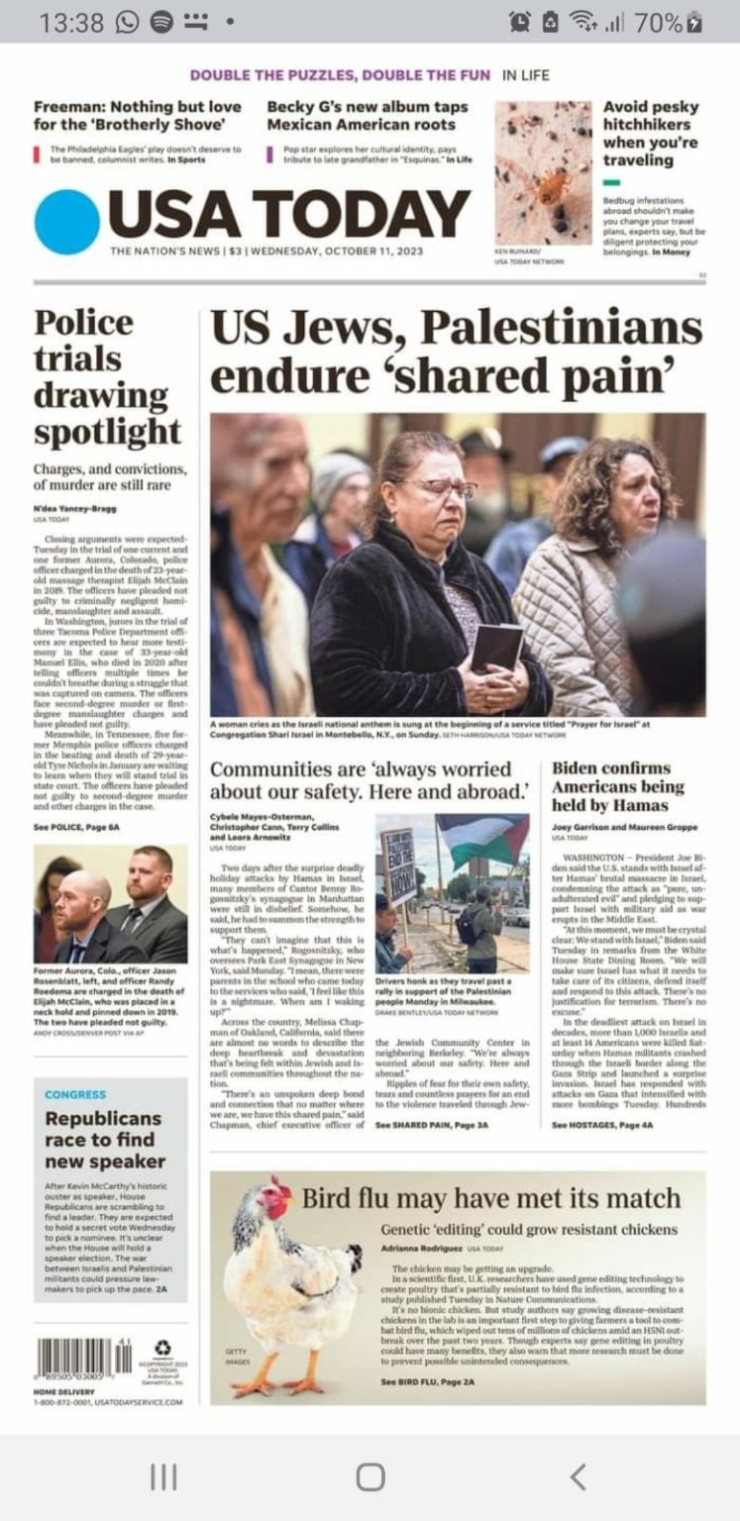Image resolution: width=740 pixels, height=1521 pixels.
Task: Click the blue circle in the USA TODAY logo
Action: [67, 221]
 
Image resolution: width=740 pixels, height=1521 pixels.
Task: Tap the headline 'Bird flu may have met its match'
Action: [490, 1198]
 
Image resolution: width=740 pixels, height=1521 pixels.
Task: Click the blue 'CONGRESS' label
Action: [75, 1094]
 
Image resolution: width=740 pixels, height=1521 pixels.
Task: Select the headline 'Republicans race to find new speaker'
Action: [104, 1139]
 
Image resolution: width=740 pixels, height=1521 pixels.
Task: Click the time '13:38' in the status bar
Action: [71, 22]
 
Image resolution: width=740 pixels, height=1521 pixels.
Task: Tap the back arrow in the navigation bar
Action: [579, 1476]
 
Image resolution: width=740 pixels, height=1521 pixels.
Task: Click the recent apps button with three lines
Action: [163, 1476]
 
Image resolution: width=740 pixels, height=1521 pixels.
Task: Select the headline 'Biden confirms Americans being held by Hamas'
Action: [617, 786]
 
